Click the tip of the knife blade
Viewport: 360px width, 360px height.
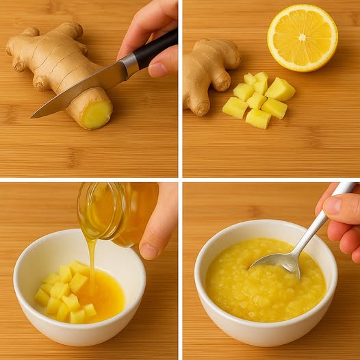pyautogui.click(x=31, y=116)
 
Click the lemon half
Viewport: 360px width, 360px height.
pyautogui.click(x=302, y=38)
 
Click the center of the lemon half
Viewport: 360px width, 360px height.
pyautogui.click(x=302, y=37)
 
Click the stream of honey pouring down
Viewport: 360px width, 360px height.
pyautogui.click(x=91, y=257)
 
